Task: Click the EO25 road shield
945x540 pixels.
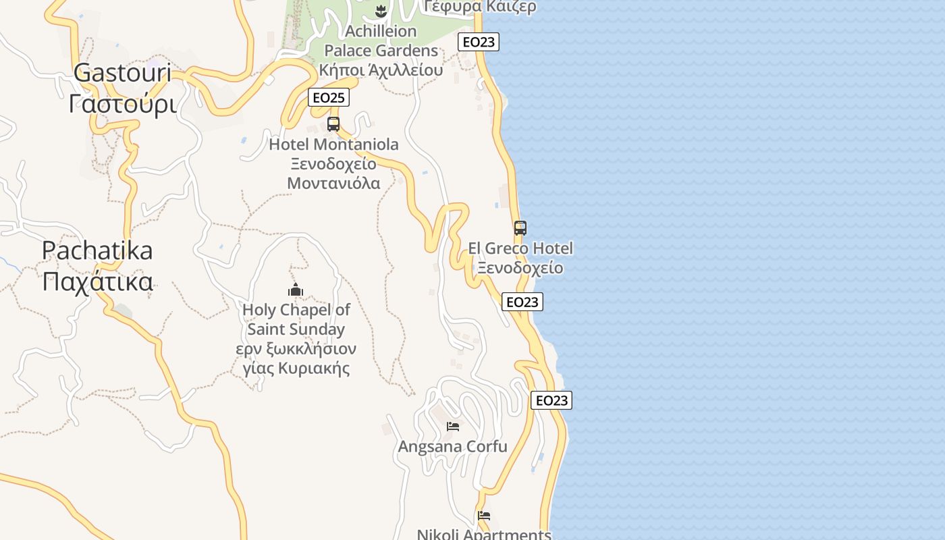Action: (329, 97)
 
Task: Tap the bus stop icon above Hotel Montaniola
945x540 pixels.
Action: (333, 124)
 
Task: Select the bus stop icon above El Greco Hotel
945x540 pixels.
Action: (520, 228)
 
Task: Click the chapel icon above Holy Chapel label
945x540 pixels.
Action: (296, 290)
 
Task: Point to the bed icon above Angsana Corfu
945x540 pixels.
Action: (453, 426)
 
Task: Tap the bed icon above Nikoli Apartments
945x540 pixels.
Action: (484, 516)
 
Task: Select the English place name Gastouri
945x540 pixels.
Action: (122, 73)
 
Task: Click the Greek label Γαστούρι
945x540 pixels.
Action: (122, 104)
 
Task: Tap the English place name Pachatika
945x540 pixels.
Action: (97, 250)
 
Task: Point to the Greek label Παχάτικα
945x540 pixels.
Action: (97, 281)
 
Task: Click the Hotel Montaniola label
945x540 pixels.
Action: (333, 144)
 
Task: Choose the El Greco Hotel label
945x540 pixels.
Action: (520, 248)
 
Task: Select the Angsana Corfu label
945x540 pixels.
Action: (452, 447)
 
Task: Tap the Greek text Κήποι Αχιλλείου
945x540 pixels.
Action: (381, 70)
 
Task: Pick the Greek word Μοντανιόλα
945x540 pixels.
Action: (333, 183)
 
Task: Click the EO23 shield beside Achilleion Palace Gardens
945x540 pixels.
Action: (478, 42)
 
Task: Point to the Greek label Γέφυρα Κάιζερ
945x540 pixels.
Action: (481, 7)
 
